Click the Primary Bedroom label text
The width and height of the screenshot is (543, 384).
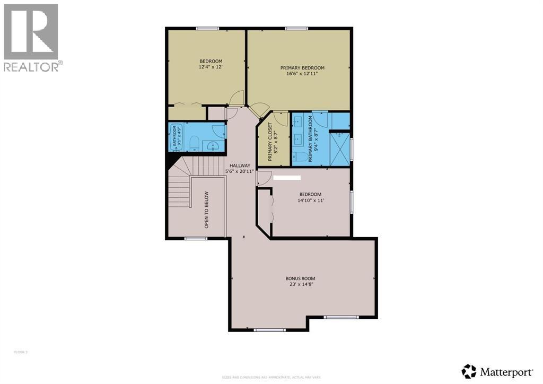(302, 68)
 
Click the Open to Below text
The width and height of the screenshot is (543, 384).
(206, 210)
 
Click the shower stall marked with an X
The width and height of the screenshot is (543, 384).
(340, 149)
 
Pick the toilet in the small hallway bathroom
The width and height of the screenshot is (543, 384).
(194, 143)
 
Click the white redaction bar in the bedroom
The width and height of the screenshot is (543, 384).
(287, 178)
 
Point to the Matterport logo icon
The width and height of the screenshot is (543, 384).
(469, 370)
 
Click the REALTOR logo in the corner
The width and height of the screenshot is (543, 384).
(32, 37)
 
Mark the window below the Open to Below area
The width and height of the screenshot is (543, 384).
(196, 239)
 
